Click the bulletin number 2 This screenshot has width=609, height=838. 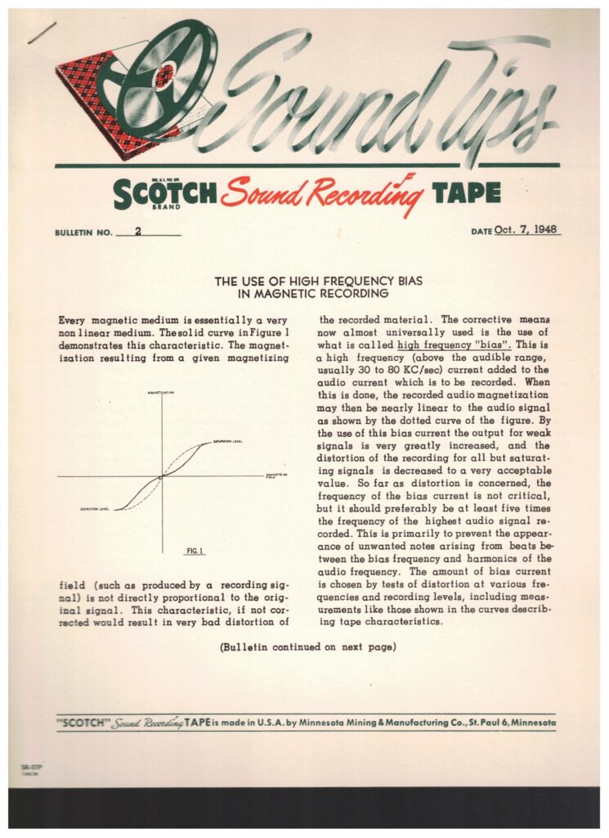138,231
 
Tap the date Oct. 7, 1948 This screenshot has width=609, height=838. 528,230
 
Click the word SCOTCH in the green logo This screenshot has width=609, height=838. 166,193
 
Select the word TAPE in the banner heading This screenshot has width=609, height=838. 466,192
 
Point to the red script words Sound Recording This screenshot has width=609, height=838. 323,193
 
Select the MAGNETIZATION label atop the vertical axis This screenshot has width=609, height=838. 163,394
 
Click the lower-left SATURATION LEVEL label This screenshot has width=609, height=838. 96,510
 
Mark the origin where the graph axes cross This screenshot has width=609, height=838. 163,476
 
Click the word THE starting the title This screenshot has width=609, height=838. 225,281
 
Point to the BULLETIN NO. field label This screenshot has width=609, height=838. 83,233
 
